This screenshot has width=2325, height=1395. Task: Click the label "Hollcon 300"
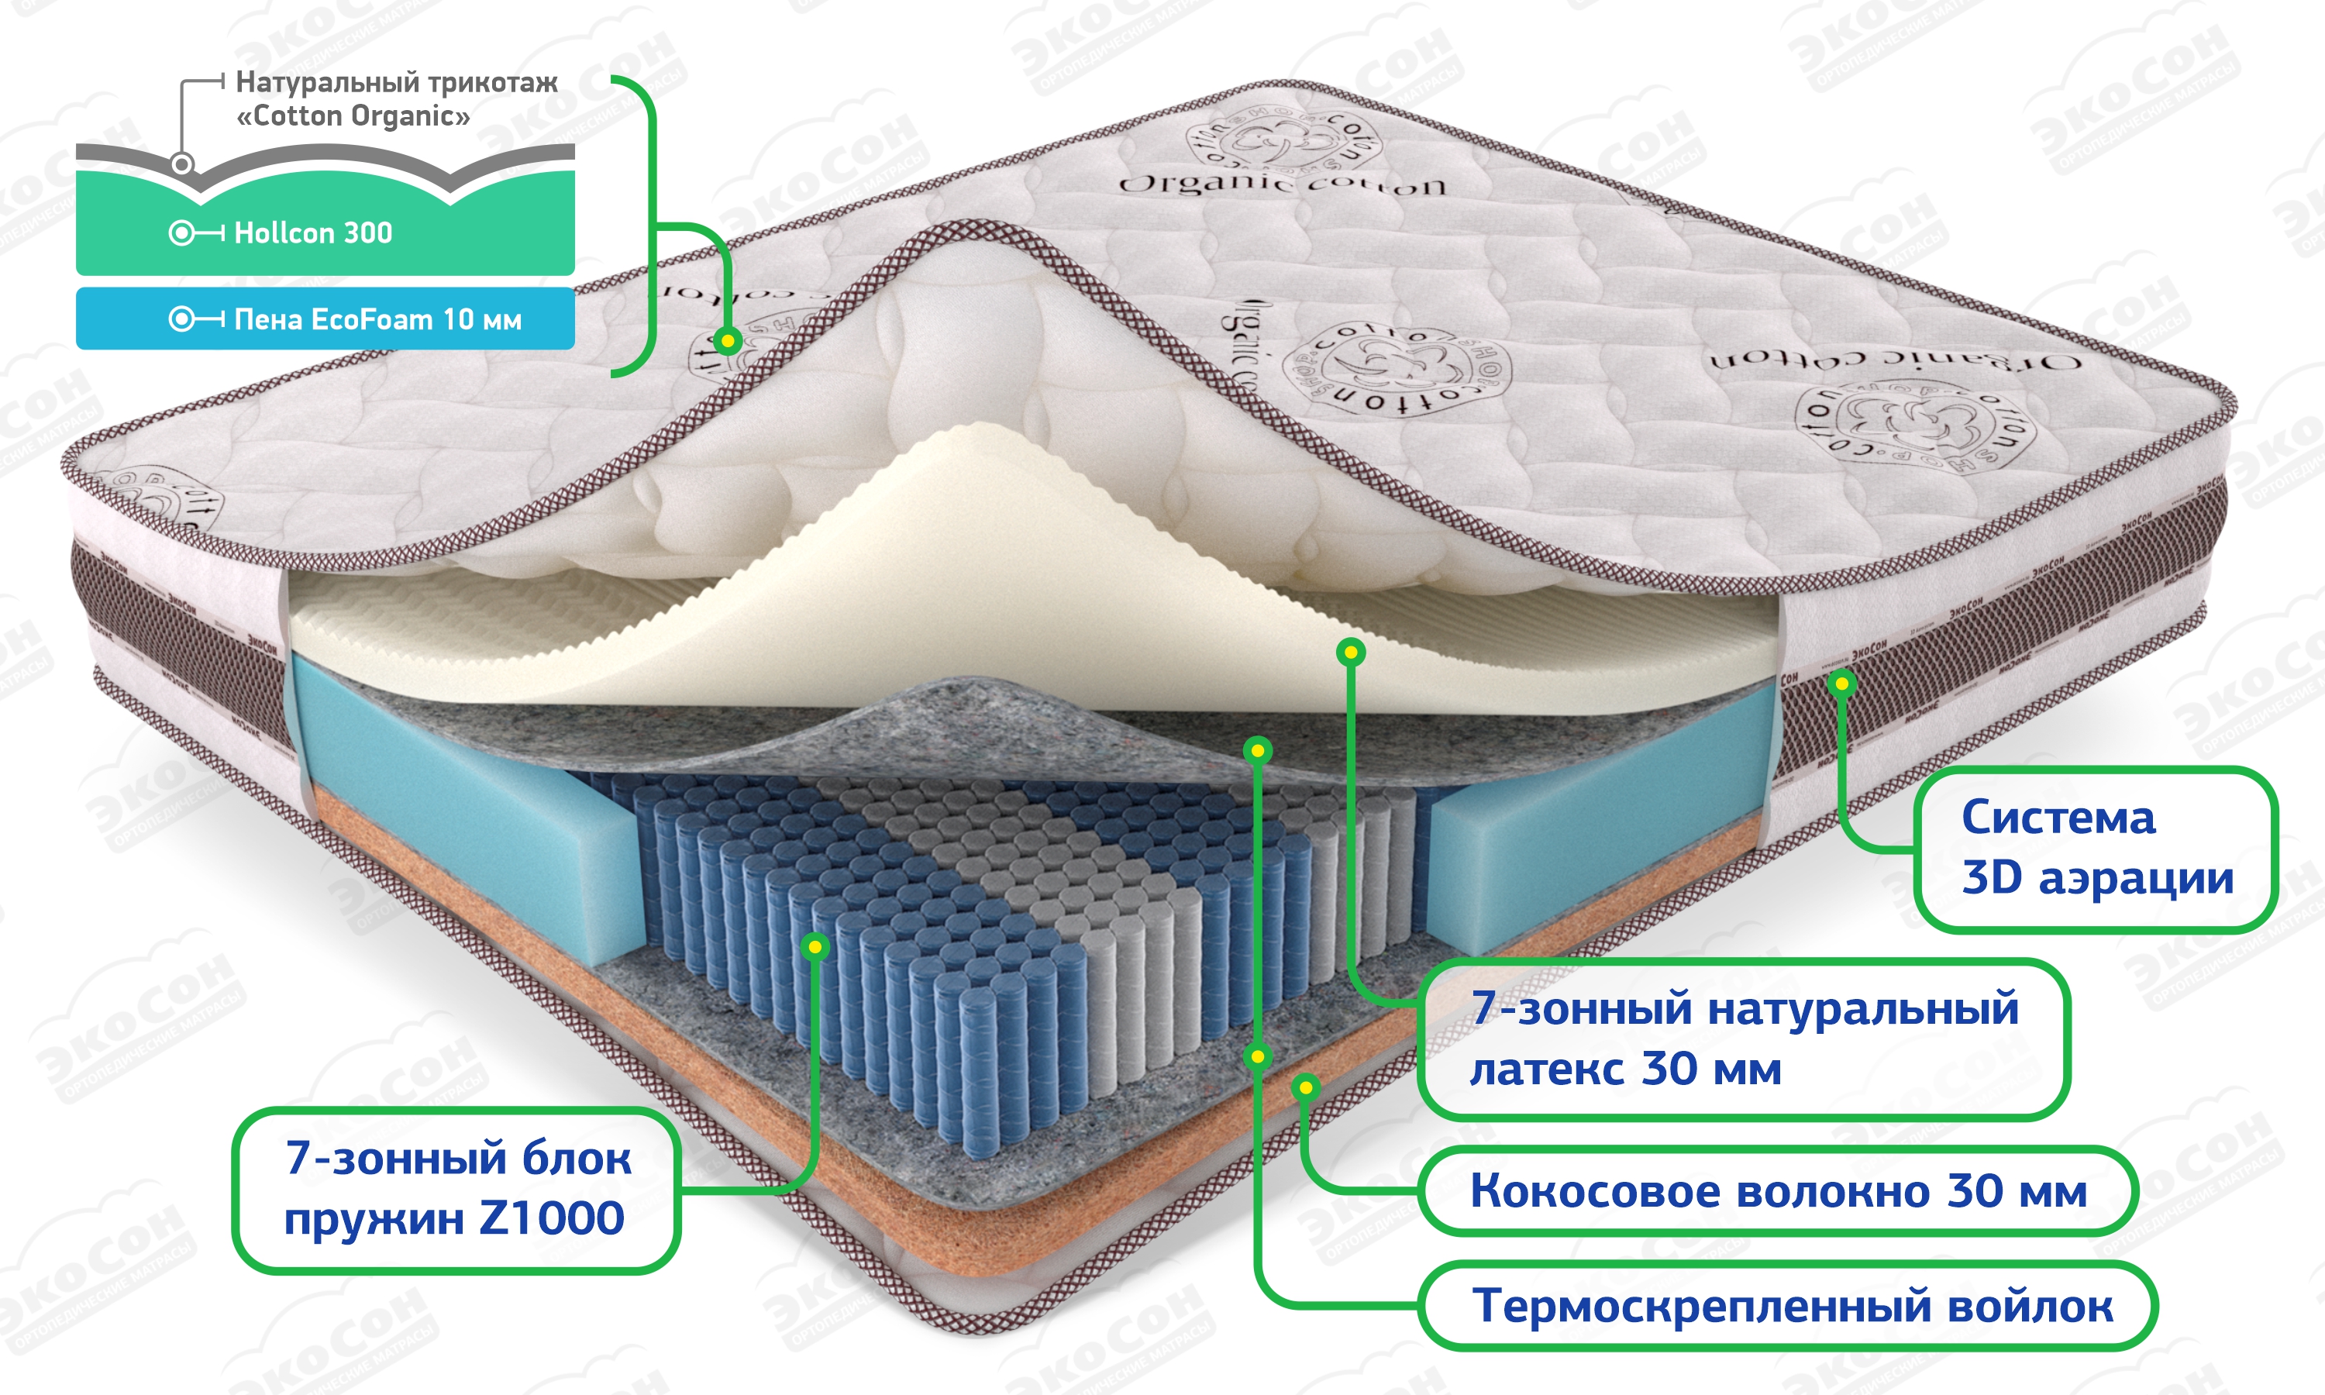(313, 232)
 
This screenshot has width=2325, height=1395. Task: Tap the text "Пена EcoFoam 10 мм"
(377, 319)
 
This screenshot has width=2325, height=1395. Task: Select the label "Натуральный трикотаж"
(397, 83)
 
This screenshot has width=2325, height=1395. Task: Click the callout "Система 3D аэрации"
(2096, 848)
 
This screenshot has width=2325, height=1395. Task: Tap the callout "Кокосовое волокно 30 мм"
(1777, 1190)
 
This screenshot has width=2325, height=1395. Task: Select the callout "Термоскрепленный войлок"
(1792, 1306)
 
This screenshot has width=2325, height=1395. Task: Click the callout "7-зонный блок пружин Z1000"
(456, 1189)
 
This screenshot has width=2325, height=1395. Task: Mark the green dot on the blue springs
(816, 946)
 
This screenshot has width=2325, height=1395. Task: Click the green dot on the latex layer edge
(1351, 653)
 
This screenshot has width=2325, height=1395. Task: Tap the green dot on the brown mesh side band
(1842, 684)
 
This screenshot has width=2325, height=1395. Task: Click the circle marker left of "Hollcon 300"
(181, 232)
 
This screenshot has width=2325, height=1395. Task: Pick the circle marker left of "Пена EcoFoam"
(181, 319)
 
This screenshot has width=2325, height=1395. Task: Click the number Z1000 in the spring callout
(552, 1219)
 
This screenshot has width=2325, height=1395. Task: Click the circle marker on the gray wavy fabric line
(182, 164)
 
